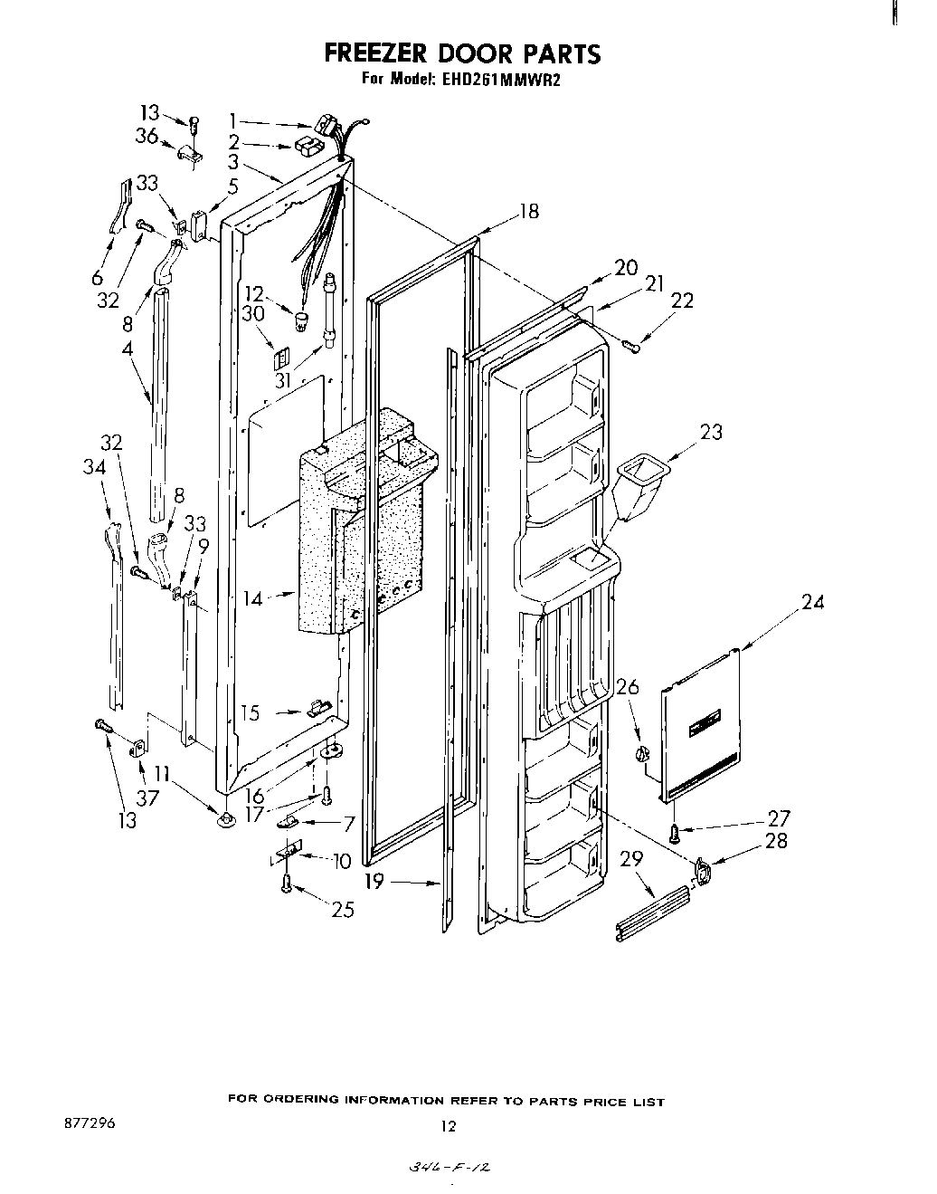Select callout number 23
click(711, 432)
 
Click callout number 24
click(812, 601)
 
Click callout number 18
click(529, 211)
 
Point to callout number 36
click(147, 136)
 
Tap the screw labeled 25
click(288, 883)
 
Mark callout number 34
click(93, 466)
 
